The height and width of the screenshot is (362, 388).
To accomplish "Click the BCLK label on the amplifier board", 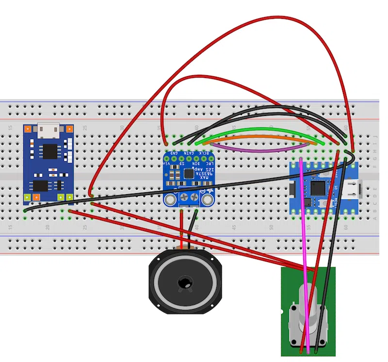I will click(x=209, y=154).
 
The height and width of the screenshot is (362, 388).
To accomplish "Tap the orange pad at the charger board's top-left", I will click(x=29, y=129).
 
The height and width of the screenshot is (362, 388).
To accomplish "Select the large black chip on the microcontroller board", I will click(x=318, y=187).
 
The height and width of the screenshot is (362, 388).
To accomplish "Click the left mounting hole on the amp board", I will click(x=169, y=200).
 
